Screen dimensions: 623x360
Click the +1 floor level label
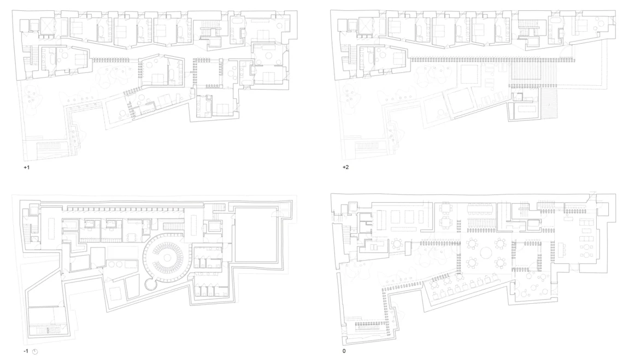(27, 167)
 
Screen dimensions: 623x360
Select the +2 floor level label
(346, 167)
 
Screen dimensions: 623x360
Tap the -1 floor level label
(26, 351)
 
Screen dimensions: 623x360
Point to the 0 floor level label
(344, 351)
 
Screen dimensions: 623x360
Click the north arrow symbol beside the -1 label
(35, 352)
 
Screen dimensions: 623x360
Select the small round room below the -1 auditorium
(151, 285)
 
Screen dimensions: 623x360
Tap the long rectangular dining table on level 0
(480, 209)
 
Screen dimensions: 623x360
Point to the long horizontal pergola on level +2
(493, 60)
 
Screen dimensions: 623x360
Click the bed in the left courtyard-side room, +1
(81, 59)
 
